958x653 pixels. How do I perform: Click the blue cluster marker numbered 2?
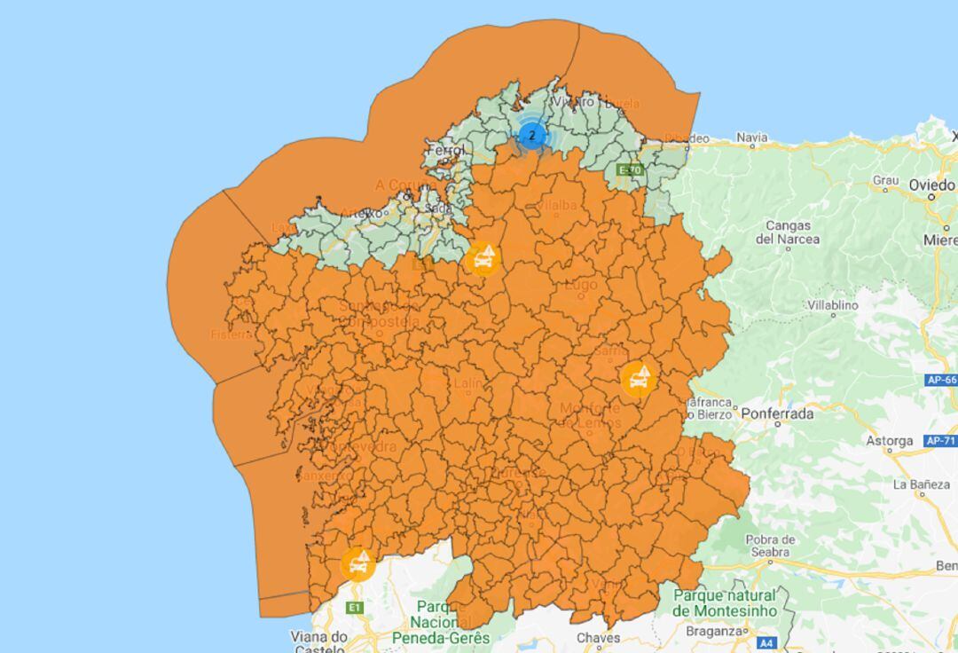point(532,136)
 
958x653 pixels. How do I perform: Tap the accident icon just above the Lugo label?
point(482,258)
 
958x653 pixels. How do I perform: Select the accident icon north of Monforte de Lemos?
point(637,379)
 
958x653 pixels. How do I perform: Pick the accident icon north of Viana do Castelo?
point(357,563)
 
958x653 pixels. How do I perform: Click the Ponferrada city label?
point(777,413)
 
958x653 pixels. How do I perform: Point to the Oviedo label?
point(931,185)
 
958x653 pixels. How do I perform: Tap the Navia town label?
point(751,138)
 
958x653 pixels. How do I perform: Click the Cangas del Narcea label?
point(788,232)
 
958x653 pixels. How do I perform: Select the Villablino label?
point(832,305)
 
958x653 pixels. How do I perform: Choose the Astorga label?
point(889,441)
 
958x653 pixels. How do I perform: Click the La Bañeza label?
point(920,484)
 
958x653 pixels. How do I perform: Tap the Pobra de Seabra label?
point(770,546)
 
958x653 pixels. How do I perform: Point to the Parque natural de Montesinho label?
point(724,603)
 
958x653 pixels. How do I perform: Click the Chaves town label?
point(598,638)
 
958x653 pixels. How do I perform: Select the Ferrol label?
point(445,151)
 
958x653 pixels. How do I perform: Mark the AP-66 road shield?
point(941,381)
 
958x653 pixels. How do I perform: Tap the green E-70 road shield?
point(629,170)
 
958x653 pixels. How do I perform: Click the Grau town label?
point(885,180)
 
